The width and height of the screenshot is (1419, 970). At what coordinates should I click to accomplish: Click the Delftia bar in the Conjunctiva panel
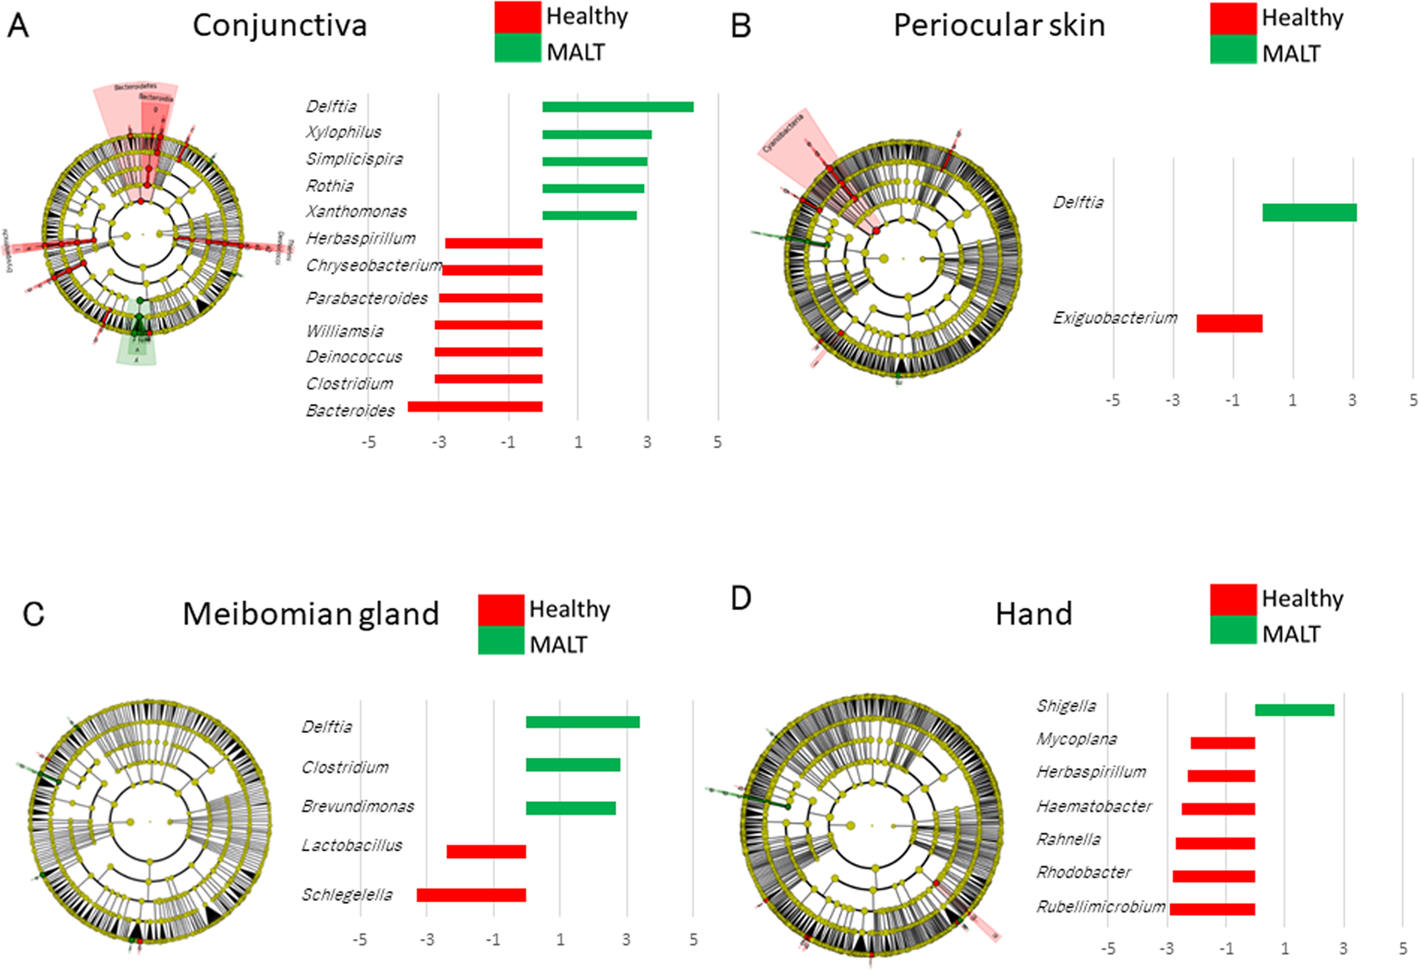pos(617,107)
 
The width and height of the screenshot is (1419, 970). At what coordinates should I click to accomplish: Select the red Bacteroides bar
pos(475,407)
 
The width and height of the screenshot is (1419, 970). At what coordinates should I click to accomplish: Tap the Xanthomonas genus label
pos(356,211)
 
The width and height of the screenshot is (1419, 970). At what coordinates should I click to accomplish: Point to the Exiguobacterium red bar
pos(1230,323)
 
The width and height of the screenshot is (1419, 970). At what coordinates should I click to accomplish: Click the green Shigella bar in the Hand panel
pos(1294,710)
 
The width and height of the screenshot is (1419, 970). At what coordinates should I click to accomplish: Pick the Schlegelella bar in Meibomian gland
pos(471,895)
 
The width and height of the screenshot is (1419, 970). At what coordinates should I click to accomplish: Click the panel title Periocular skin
pos(999,26)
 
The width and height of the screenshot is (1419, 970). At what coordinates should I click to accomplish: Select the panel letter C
pos(33,614)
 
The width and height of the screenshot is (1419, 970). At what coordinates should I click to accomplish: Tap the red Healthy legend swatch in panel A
pos(517,17)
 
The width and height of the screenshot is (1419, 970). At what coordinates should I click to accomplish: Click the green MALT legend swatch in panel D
pos(1233,631)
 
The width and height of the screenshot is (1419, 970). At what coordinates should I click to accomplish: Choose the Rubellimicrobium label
pos(1100,906)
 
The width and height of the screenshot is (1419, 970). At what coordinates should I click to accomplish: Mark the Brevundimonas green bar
pos(571,808)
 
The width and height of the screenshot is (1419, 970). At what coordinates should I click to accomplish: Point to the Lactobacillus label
pos(351,845)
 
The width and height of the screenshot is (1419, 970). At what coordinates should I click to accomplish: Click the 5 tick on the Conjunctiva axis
pos(717,442)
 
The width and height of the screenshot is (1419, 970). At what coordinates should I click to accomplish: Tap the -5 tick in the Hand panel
pos(1108,948)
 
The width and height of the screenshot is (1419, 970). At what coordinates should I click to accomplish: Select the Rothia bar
pos(593,188)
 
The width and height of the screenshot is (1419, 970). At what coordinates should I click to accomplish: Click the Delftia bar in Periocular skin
pos(1310,212)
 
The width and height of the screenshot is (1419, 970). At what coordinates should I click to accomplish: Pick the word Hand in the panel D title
pos(1033,614)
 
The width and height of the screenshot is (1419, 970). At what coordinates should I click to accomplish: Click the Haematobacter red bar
pos(1218,809)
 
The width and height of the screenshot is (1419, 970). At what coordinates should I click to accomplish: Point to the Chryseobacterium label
pos(374,265)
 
